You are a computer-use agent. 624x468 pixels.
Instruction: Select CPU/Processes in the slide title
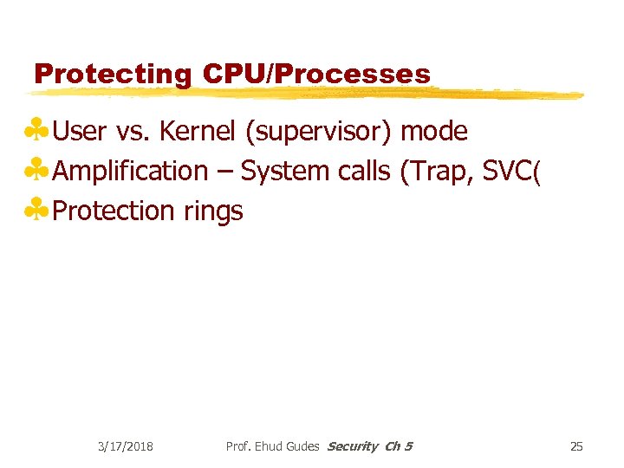(316, 75)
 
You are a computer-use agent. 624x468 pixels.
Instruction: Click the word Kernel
(198, 132)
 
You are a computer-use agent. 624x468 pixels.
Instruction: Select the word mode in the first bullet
(435, 132)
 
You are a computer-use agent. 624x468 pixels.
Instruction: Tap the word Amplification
(130, 172)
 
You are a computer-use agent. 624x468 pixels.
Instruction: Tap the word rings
(213, 211)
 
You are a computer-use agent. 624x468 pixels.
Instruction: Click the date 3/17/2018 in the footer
(125, 446)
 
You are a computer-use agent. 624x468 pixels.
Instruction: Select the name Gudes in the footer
(300, 446)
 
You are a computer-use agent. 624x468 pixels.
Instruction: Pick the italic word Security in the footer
(353, 446)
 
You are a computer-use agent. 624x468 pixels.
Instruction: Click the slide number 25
(576, 446)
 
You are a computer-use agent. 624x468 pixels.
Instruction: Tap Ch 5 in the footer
(399, 446)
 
